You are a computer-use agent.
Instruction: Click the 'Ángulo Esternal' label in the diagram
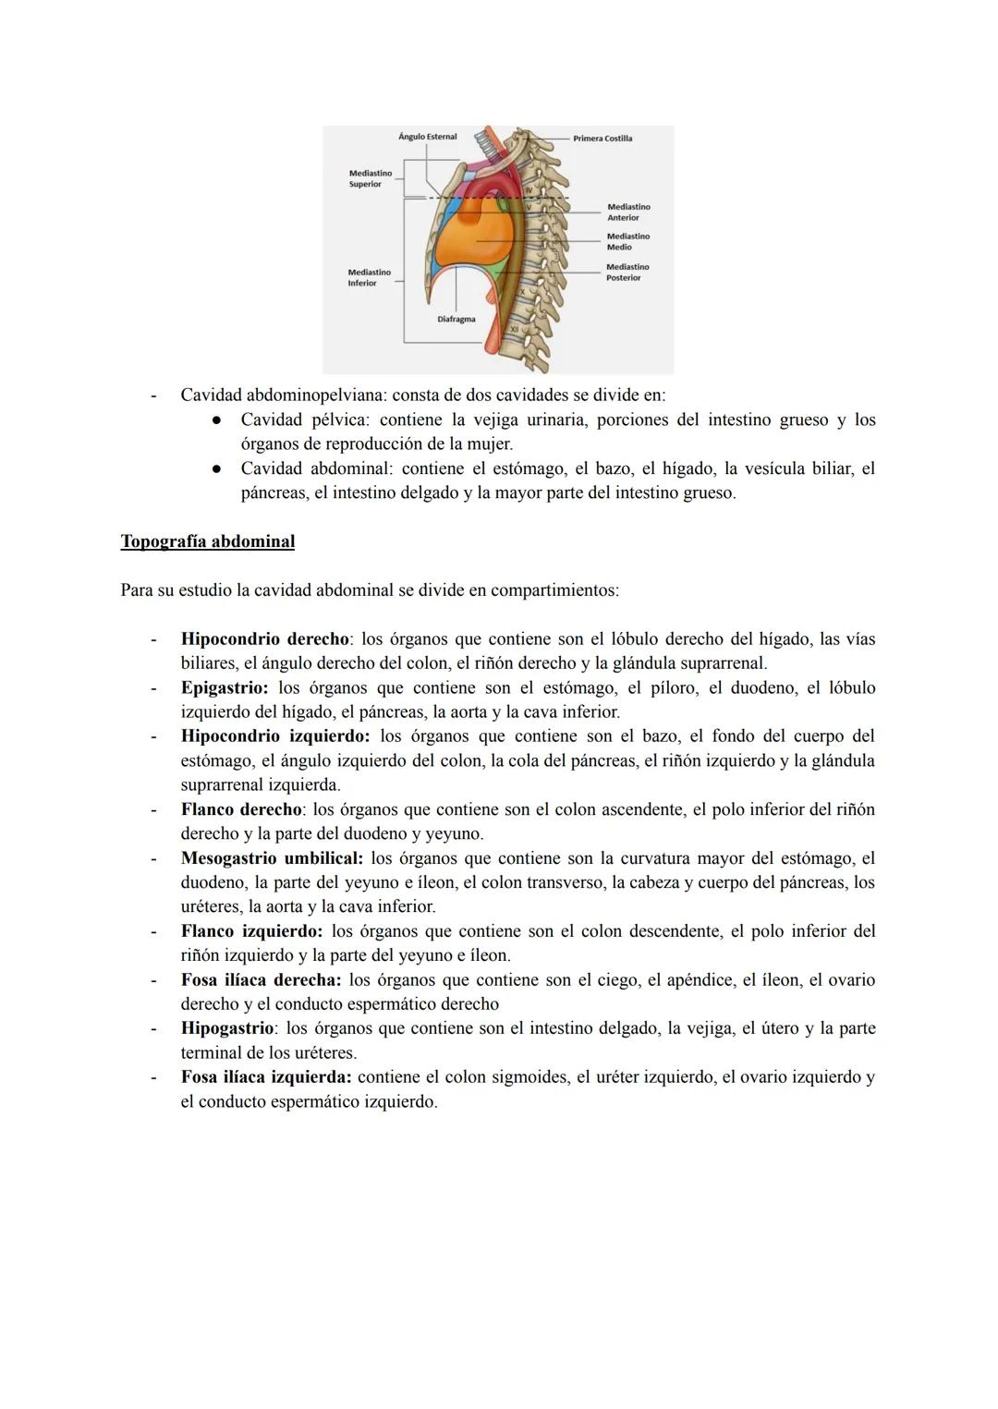[x=427, y=137]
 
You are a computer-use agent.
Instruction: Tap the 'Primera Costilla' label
[x=602, y=139]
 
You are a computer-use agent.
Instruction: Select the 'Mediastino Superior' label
[x=370, y=178]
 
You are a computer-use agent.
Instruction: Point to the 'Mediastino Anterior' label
[x=628, y=213]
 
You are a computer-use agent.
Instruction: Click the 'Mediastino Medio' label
[x=628, y=242]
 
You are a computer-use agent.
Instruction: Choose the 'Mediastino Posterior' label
[x=628, y=273]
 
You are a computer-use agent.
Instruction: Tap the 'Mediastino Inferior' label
[x=369, y=278]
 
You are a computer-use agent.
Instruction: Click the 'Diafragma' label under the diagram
[x=456, y=320]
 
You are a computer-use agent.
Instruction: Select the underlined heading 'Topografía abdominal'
[x=207, y=541]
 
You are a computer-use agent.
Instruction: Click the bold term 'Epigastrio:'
[x=225, y=688]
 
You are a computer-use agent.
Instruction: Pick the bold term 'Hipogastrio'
[x=227, y=1028]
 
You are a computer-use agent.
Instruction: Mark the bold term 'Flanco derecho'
[x=241, y=809]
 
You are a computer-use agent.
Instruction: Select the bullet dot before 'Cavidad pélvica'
[x=215, y=420]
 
